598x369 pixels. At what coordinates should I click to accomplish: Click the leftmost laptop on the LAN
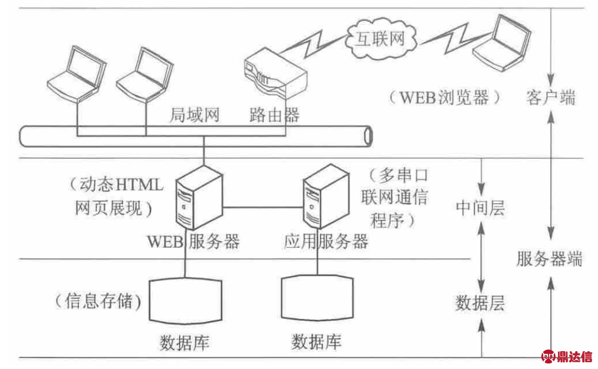[x=75, y=72]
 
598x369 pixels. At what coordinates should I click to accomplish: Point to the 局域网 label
[x=195, y=116]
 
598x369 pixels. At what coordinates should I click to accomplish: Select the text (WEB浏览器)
[x=445, y=98]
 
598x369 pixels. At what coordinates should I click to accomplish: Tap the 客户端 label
[x=550, y=98]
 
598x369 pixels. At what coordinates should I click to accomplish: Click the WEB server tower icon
[x=198, y=198]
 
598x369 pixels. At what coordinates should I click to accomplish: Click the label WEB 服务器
[x=193, y=242]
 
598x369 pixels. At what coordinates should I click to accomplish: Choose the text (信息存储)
[x=98, y=301]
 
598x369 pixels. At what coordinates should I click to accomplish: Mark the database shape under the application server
[x=316, y=298]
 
